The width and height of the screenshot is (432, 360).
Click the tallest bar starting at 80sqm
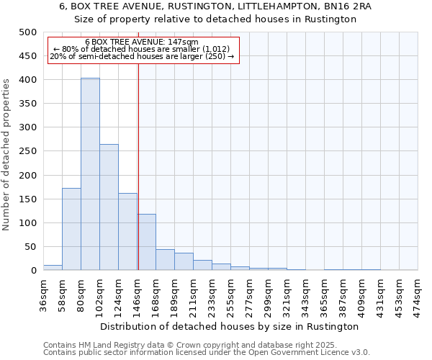click(90, 174)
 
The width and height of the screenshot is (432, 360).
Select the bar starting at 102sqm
click(109, 207)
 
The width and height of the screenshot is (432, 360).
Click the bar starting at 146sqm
click(147, 242)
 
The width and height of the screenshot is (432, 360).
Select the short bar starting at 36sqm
click(53, 267)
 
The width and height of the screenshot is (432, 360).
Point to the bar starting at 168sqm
click(165, 260)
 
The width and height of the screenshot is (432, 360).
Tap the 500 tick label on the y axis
click(27, 32)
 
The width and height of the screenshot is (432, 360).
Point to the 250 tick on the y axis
click(27, 151)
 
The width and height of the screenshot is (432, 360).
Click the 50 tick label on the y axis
click(30, 247)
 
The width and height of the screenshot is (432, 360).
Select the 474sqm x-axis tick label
click(418, 294)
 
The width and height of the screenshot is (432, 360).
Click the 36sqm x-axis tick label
click(43, 294)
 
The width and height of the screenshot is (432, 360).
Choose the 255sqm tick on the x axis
click(230, 294)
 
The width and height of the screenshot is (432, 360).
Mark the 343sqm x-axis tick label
click(305, 294)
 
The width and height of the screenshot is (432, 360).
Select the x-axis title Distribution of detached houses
click(230, 326)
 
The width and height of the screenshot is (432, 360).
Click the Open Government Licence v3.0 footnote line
click(207, 352)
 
